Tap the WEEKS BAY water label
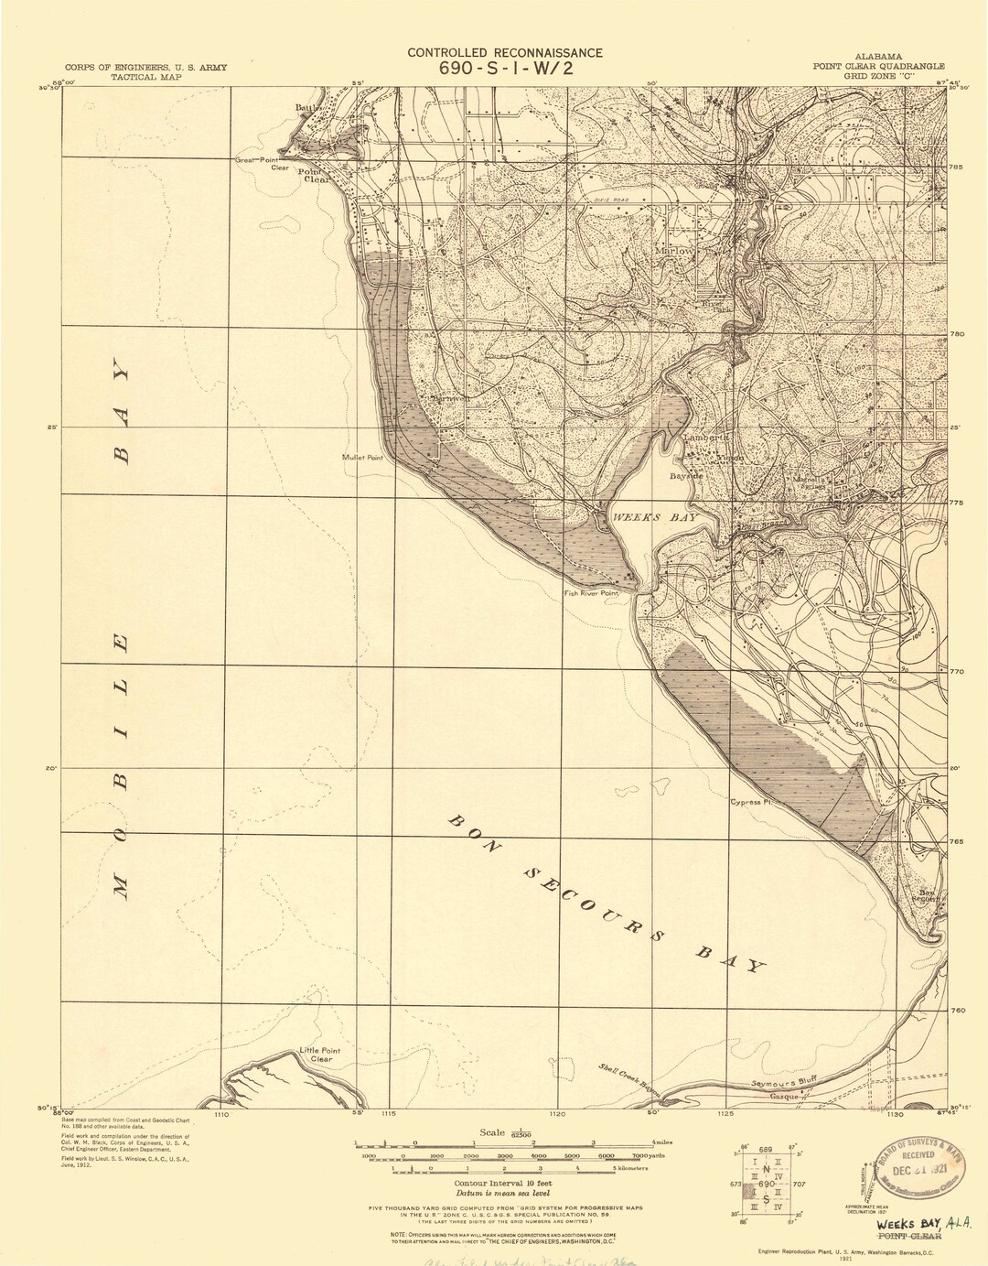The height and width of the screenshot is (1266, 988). tap(654, 518)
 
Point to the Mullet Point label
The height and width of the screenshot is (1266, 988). tap(362, 458)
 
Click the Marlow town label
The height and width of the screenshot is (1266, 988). tap(673, 250)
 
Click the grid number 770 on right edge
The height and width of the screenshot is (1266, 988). tap(956, 672)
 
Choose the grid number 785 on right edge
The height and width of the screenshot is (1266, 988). tap(957, 168)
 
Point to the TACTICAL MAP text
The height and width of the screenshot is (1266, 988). tap(145, 78)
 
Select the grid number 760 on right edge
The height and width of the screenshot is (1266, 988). tap(956, 1011)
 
